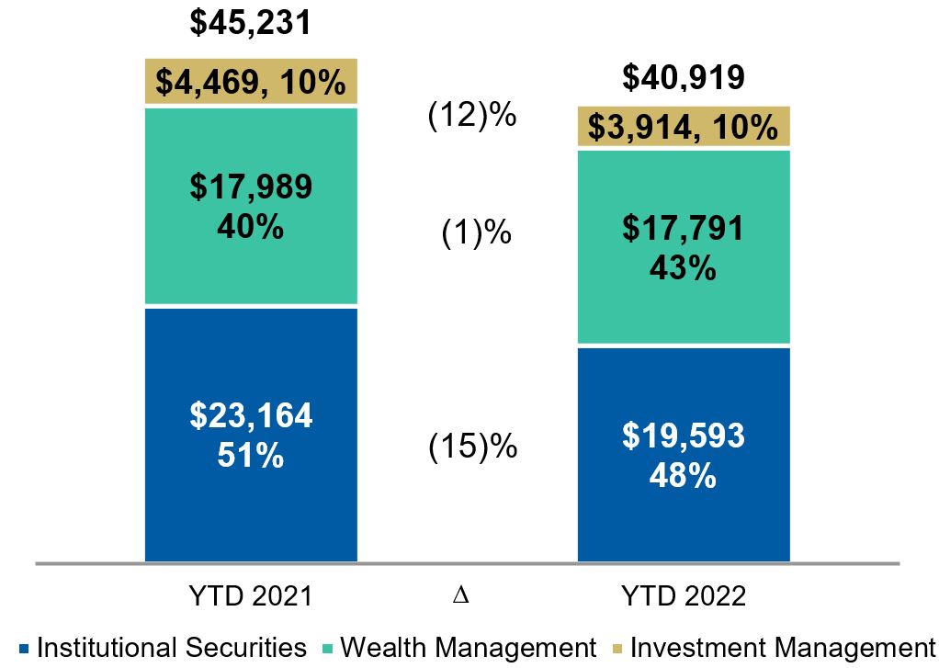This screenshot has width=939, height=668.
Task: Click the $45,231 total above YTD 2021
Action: pyautogui.click(x=250, y=22)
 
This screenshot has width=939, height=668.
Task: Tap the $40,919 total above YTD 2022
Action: pyautogui.click(x=683, y=78)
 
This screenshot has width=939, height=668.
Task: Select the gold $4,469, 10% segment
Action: pyautogui.click(x=251, y=82)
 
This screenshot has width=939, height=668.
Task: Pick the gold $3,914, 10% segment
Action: pyautogui.click(x=684, y=128)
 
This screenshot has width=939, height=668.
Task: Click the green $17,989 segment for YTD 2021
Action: pyautogui.click(x=251, y=205)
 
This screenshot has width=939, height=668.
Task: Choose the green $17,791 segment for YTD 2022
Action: pyautogui.click(x=684, y=247)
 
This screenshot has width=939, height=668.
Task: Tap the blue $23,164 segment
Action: pyautogui.click(x=251, y=434)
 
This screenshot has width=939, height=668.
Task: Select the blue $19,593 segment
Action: pyautogui.click(x=684, y=454)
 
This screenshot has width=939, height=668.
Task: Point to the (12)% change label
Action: pyautogui.click(x=472, y=117)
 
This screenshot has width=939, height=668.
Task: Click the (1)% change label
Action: pyautogui.click(x=472, y=233)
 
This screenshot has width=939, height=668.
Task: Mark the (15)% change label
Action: pyautogui.click(x=472, y=447)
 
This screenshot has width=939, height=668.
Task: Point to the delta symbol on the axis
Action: pyautogui.click(x=461, y=596)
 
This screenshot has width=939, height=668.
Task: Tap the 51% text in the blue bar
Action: pyautogui.click(x=251, y=455)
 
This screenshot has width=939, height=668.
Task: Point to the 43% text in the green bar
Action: pyautogui.click(x=684, y=268)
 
